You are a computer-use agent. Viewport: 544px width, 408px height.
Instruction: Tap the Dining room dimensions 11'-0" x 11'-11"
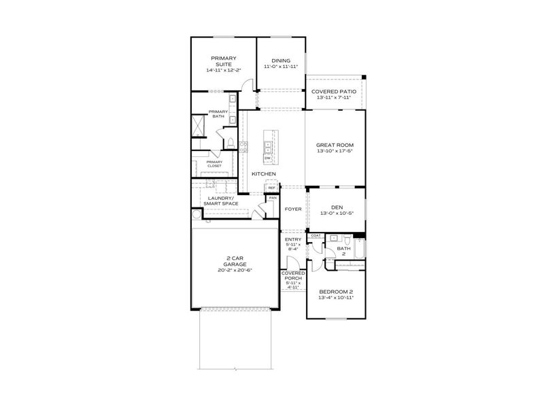tap(280, 67)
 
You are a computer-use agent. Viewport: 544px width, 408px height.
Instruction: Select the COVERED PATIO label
tap(334, 91)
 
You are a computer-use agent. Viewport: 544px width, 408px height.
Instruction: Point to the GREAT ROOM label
tap(335, 145)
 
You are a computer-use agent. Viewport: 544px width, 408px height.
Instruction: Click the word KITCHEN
tap(264, 174)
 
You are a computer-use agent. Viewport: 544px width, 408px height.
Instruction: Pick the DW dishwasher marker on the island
tap(268, 158)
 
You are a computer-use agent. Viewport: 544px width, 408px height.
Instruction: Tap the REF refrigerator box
tap(271, 188)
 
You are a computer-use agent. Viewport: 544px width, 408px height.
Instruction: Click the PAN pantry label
tap(272, 198)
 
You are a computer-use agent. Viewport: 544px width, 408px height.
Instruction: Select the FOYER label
tap(293, 209)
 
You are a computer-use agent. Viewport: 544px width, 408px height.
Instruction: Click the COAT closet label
tap(316, 235)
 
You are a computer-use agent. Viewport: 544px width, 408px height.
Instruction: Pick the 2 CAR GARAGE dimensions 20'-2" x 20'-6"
tap(234, 270)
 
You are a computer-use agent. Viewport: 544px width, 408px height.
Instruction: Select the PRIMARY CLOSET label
tap(214, 163)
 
